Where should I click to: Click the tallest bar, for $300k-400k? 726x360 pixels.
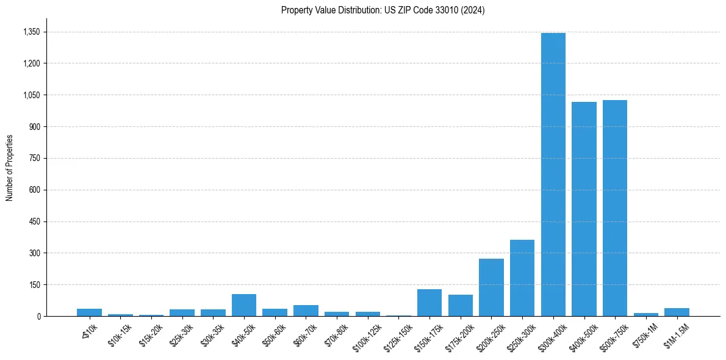tap(553, 175)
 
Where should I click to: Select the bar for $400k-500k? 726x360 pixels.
tap(584, 209)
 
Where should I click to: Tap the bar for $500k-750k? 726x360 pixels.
tap(614, 208)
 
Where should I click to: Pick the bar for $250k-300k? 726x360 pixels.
tap(522, 278)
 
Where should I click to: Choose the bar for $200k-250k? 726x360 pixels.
tap(491, 287)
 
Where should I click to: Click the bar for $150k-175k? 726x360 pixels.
tap(429, 303)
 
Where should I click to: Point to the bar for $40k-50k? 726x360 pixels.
tap(244, 305)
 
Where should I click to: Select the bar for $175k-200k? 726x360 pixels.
tap(461, 306)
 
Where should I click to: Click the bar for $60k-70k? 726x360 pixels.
tap(306, 311)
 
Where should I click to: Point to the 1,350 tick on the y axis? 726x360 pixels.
tap(30, 32)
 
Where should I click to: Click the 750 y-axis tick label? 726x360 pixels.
tap(34, 159)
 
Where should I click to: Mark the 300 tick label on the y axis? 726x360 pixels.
tap(34, 253)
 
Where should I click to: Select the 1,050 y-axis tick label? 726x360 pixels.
tap(30, 95)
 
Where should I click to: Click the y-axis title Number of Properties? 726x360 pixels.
tap(9, 168)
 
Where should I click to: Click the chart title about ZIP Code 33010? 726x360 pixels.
tap(383, 10)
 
